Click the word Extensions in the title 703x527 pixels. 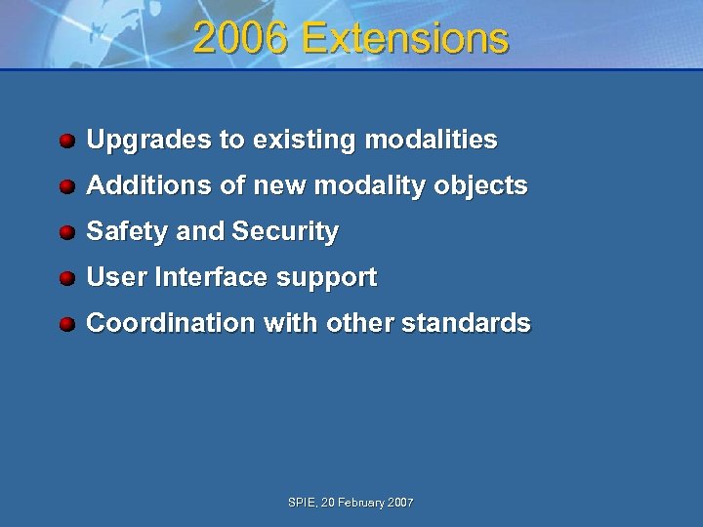[405, 39]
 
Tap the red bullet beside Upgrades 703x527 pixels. [66, 141]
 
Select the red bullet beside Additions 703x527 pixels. [66, 186]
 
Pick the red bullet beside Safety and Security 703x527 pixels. [66, 232]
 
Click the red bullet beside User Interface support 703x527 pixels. [66, 278]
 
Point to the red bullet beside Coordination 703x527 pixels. [66, 324]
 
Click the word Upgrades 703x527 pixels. [149, 141]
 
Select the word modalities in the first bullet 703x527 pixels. [431, 141]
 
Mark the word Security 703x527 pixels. [285, 232]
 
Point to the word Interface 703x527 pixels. [211, 278]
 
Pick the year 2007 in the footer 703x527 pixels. [400, 503]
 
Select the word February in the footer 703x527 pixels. [359, 503]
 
